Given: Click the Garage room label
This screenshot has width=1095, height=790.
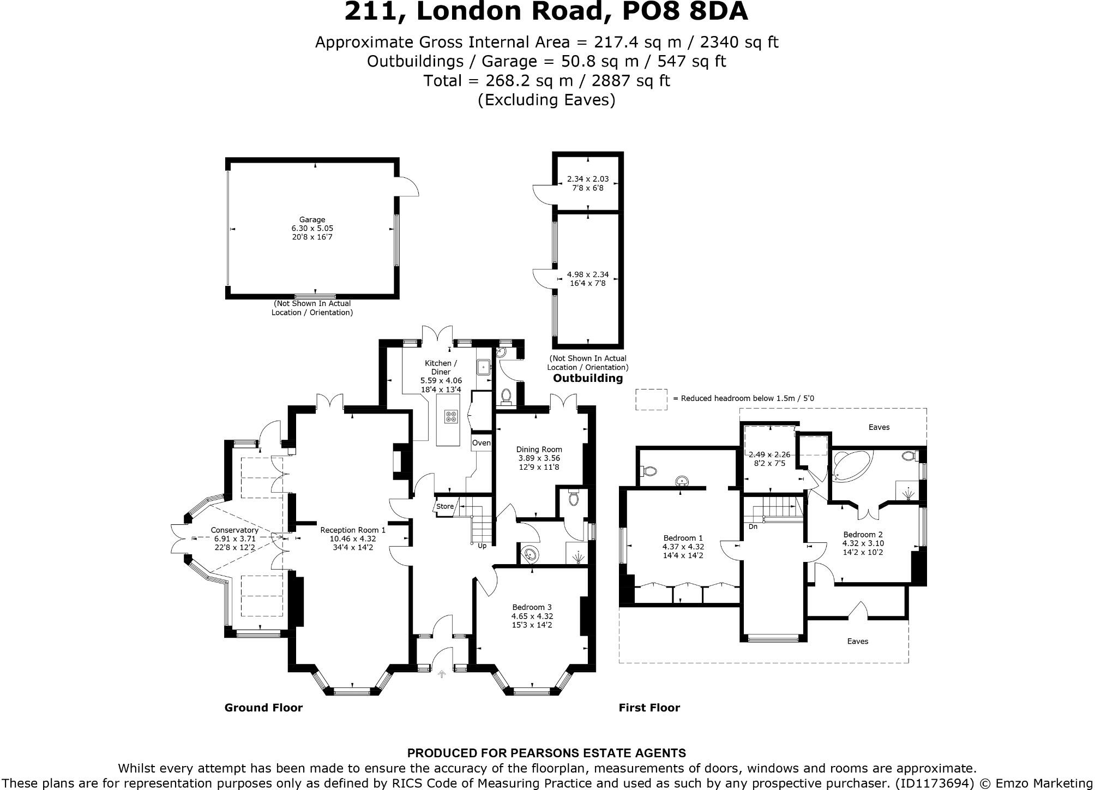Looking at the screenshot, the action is coord(312,220).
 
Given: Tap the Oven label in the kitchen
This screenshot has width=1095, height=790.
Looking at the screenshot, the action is coord(481,442).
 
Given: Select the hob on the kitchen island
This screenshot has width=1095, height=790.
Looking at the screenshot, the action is coord(451,417).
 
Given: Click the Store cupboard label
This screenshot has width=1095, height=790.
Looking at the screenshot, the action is coord(445,506).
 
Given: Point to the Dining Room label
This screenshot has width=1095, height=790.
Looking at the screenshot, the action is coord(539,450).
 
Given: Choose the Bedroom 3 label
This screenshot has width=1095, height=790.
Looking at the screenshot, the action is coord(532,607).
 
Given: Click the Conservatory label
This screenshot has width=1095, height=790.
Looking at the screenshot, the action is coord(234,530).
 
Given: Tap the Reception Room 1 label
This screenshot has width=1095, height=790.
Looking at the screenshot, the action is coord(353,530).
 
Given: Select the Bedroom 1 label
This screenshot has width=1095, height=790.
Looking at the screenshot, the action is coord(683,538).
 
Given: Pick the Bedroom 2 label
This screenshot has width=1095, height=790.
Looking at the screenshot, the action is coord(863,535).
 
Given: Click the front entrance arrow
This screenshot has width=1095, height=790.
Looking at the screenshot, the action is coord(441,674).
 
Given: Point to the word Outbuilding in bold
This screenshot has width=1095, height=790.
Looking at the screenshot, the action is coord(588,378).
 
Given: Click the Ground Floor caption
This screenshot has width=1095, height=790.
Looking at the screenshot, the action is coord(263,708).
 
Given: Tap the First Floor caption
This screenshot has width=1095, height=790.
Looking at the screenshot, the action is coord(649,708).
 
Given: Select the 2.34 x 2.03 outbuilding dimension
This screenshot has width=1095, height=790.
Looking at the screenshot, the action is coord(588,179).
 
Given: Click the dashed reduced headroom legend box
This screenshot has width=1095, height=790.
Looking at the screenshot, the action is coord(651,399).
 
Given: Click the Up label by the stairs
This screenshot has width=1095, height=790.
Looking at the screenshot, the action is coord(482,546).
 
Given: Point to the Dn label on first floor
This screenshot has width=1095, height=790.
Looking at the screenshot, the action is coord(753,526).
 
